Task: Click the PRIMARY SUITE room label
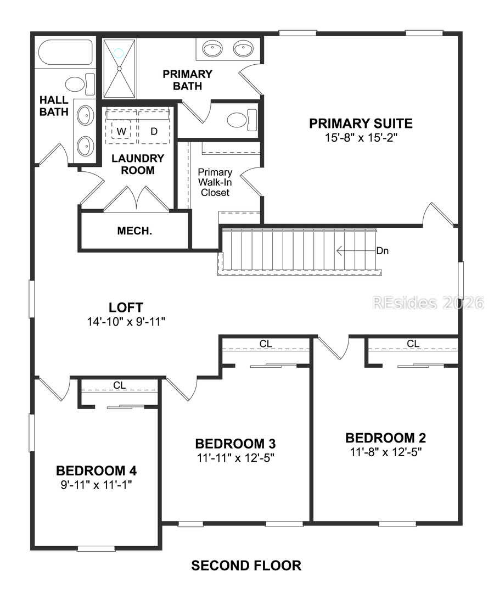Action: click(x=360, y=124)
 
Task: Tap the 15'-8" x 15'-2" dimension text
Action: click(x=360, y=137)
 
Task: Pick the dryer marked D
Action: click(x=154, y=132)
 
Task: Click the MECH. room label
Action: click(x=134, y=231)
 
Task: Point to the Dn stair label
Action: click(x=383, y=251)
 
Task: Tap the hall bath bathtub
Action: click(x=65, y=53)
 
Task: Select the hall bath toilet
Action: click(x=80, y=85)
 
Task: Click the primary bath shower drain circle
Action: click(x=119, y=53)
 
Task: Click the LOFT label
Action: click(x=126, y=307)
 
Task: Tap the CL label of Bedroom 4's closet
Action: click(x=120, y=385)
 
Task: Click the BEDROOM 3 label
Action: click(x=235, y=444)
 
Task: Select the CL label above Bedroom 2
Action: click(x=413, y=344)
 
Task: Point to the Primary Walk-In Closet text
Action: click(x=215, y=182)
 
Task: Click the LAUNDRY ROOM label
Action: click(x=137, y=164)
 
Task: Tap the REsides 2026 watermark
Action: click(x=428, y=302)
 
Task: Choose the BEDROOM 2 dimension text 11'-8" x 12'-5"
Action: click(x=385, y=452)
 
